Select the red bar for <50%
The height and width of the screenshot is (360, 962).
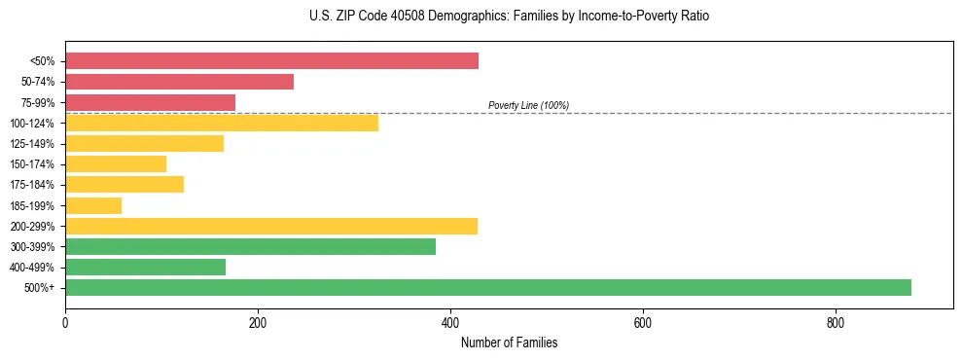(x=271, y=61)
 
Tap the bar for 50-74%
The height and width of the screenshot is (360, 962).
(x=179, y=82)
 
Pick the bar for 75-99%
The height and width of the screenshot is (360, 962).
(x=150, y=102)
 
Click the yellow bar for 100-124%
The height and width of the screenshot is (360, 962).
(x=222, y=123)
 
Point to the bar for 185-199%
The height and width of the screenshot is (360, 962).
(x=93, y=205)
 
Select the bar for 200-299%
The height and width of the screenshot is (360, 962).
(x=271, y=226)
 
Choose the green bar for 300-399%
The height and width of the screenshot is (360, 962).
(x=250, y=246)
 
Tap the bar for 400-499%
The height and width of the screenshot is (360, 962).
(x=145, y=267)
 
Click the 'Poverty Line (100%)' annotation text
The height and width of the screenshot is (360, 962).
(x=528, y=105)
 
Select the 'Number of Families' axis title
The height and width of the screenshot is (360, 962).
(x=509, y=342)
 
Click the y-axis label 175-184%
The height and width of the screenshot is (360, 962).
(x=32, y=185)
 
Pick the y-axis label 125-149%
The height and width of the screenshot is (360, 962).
(x=32, y=144)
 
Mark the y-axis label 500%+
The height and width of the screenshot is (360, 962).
(x=40, y=288)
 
